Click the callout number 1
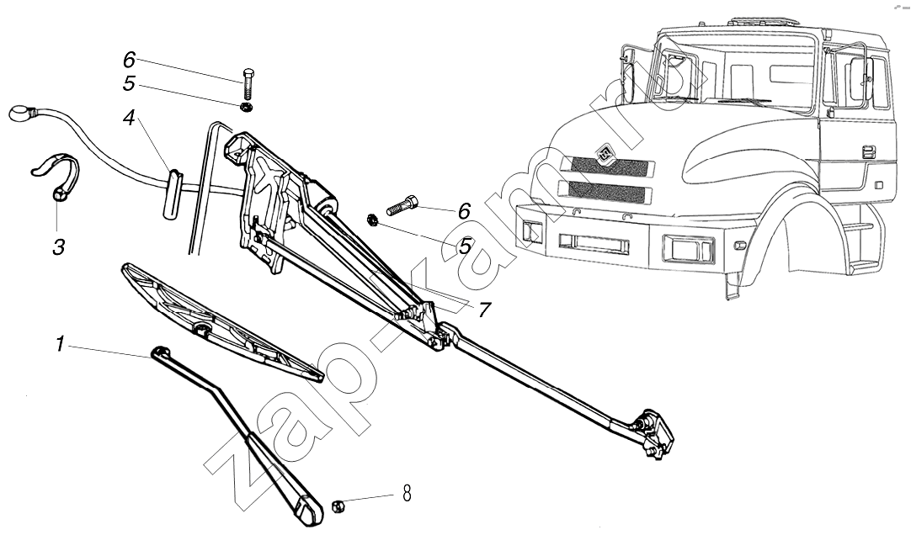coord(60,343)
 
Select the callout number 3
coord(57,247)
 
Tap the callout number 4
coord(129,119)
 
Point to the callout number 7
coord(483,309)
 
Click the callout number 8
coord(407,494)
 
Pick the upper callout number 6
coord(129,60)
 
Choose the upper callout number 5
coord(129,83)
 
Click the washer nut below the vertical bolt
coord(247,108)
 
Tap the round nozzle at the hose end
coord(19,113)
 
